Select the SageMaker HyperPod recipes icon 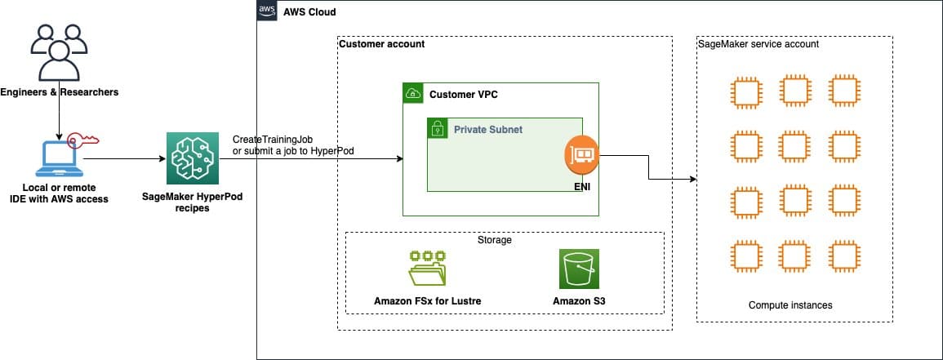pyautogui.click(x=191, y=159)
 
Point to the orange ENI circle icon pyautogui.click(x=581, y=153)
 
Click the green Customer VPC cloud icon pyautogui.click(x=414, y=94)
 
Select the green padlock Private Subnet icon pyautogui.click(x=438, y=129)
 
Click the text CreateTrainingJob pyautogui.click(x=272, y=140)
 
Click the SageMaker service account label pyautogui.click(x=758, y=44)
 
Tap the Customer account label pyautogui.click(x=381, y=44)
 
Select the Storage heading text pyautogui.click(x=495, y=240)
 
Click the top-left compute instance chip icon pyautogui.click(x=745, y=92)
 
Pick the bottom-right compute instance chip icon pyautogui.click(x=843, y=256)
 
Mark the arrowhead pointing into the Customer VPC pyautogui.click(x=399, y=159)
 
